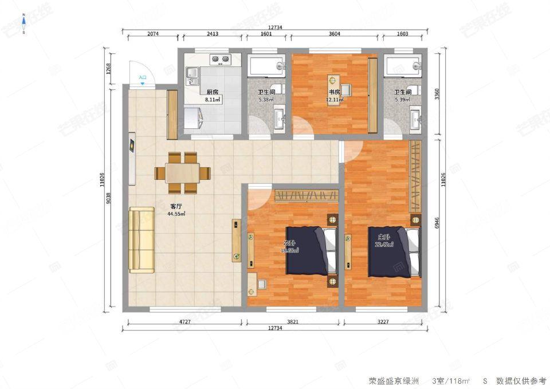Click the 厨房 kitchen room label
(x=212, y=92)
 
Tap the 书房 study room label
(x=335, y=92)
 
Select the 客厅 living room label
(x=176, y=206)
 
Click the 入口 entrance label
(x=143, y=77)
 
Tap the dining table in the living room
(x=183, y=172)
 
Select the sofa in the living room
(x=142, y=241)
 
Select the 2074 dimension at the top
(x=153, y=34)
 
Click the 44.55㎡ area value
(x=176, y=214)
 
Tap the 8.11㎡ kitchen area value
(x=213, y=99)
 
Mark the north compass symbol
(x=23, y=23)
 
